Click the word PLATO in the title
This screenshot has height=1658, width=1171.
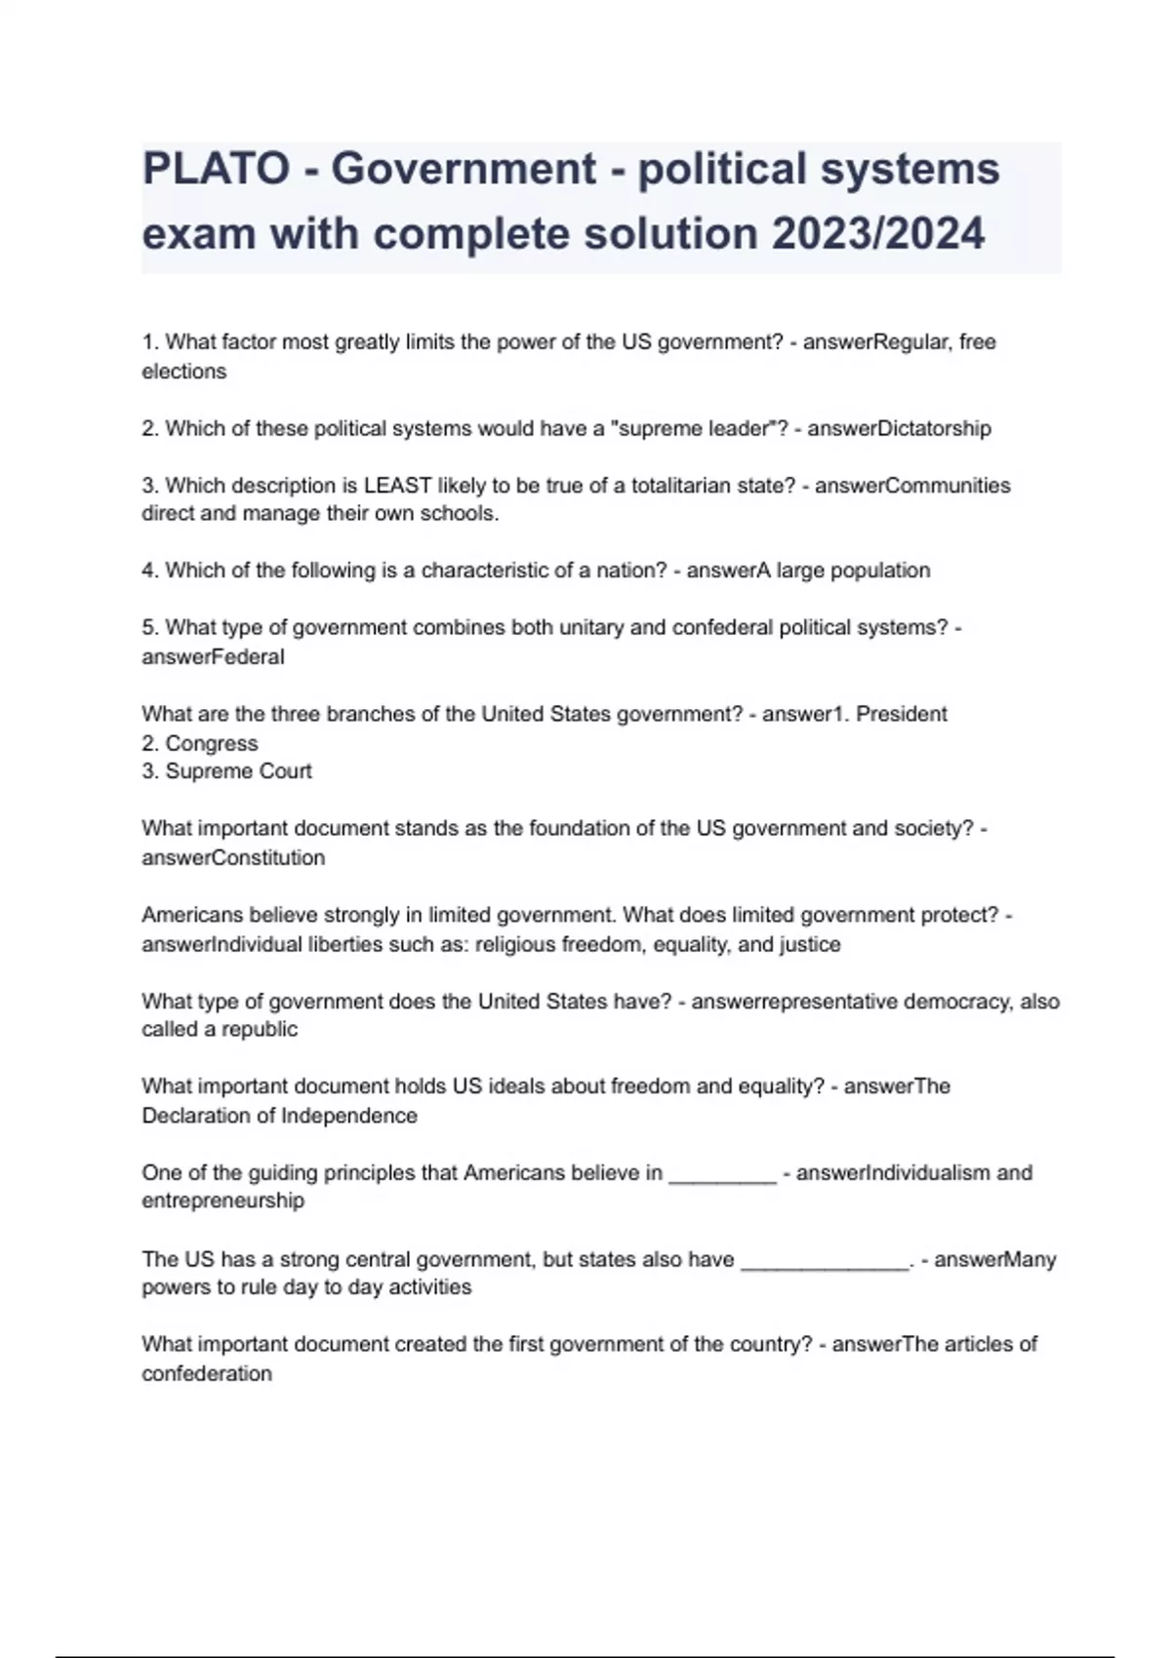click(216, 169)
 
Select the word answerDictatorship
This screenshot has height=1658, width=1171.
click(899, 428)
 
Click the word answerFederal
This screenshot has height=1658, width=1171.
click(213, 656)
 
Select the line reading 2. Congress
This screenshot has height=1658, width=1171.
click(200, 743)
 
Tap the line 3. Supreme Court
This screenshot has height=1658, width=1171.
click(226, 771)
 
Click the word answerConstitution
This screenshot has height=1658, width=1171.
click(233, 857)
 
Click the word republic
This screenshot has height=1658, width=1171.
click(260, 1030)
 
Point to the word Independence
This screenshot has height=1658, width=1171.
click(348, 1116)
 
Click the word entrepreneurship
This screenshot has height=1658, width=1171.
click(222, 1201)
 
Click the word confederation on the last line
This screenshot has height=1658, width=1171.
click(207, 1373)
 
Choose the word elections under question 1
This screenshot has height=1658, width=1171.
click(183, 372)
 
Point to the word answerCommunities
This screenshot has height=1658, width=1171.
click(912, 486)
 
